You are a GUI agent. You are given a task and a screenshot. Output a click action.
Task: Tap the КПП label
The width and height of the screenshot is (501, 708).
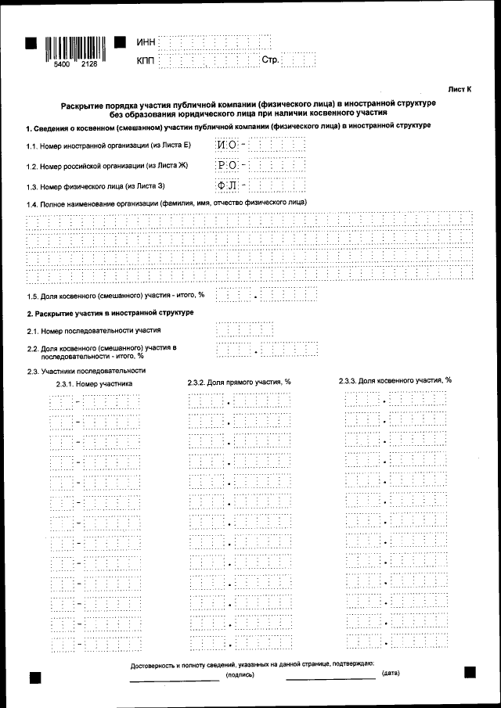coord(146,59)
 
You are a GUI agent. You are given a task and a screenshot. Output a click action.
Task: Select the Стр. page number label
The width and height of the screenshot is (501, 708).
coord(270,59)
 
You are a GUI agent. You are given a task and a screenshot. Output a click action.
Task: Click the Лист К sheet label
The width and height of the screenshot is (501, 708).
coord(460,90)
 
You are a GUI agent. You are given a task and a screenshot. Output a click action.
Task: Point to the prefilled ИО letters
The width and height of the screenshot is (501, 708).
coord(227,145)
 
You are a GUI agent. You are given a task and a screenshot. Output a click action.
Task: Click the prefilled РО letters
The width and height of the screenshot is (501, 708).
coord(227,165)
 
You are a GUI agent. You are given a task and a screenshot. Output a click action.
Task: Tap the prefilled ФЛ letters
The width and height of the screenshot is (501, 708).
coord(227,185)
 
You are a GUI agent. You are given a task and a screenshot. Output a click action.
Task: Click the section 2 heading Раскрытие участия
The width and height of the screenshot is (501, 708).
coord(110,313)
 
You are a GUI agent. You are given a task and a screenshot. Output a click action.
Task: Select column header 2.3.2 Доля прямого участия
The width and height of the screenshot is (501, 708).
coord(239,382)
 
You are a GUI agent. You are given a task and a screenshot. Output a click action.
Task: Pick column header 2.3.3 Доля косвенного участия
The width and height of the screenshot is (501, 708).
coord(395,380)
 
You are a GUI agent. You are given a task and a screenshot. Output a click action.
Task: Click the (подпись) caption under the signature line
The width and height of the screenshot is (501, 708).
coord(240,674)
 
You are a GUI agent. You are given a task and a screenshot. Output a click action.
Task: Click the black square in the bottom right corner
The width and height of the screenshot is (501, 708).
coord(470,672)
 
